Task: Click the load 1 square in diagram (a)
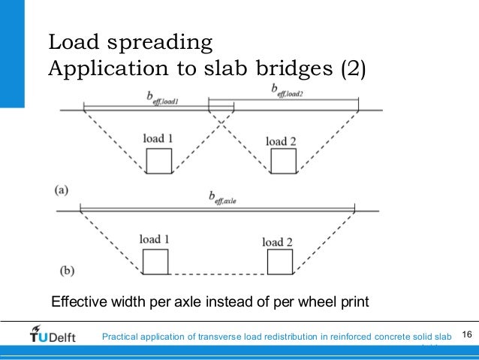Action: (x=158, y=161)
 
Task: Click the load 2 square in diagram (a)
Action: (x=283, y=162)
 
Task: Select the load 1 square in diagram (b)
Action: (x=155, y=261)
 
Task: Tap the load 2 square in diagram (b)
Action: (x=279, y=262)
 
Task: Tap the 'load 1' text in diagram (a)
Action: (x=158, y=139)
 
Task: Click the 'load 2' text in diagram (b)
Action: (x=277, y=241)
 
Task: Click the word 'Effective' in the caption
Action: (x=77, y=303)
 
